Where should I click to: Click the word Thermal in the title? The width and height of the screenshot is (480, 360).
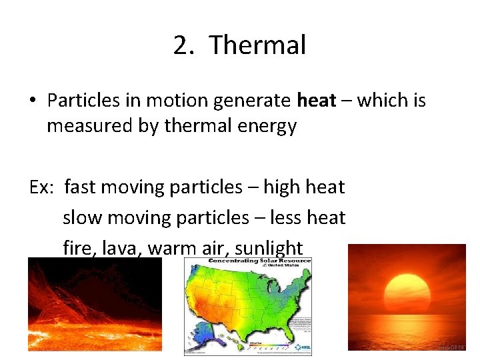(257, 45)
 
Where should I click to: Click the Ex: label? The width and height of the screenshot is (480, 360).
(43, 187)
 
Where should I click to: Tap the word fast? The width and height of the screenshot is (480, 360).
(81, 187)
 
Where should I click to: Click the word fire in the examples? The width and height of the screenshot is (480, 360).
(77, 249)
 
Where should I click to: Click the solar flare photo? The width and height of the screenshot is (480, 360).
(94, 303)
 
